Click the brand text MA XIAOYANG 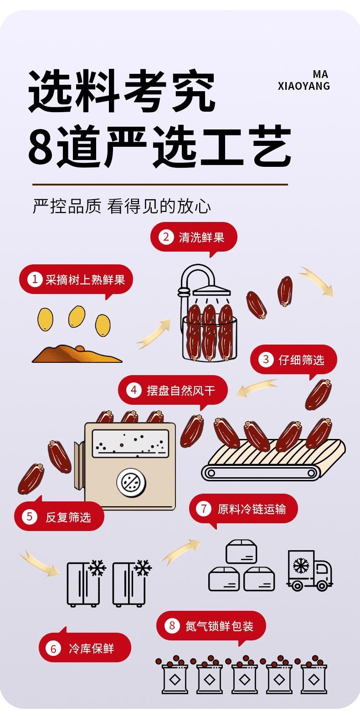pyautogui.click(x=303, y=80)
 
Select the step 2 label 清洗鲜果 pyautogui.click(x=194, y=237)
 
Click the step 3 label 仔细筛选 pyautogui.click(x=294, y=360)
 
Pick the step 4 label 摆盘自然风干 pyautogui.click(x=173, y=390)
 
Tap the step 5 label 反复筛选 pyautogui.click(x=59, y=516)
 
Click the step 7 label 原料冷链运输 pyautogui.click(x=243, y=509)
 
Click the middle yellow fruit pyautogui.click(x=76, y=315)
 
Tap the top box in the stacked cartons pyautogui.click(x=242, y=552)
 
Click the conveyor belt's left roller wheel pyautogui.click(x=211, y=473)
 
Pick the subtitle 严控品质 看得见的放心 pyautogui.click(x=122, y=206)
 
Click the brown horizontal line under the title pyautogui.click(x=160, y=185)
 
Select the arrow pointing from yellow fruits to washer pyautogui.click(x=153, y=335)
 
